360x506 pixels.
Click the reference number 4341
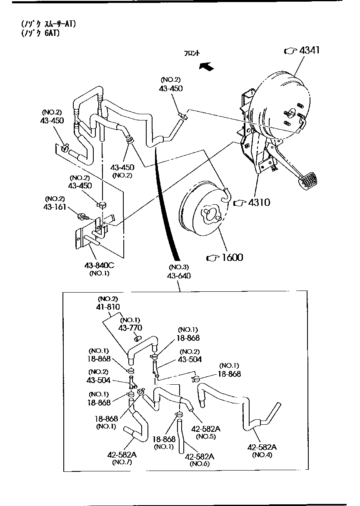coord(310,50)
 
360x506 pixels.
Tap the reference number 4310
coord(259,203)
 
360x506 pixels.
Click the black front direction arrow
coord(206,66)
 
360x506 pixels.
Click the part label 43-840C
coord(99,265)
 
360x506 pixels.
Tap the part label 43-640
coord(179,276)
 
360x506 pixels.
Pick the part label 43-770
coord(130,328)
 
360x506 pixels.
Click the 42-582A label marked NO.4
coord(262,447)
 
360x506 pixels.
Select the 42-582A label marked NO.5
coord(205,428)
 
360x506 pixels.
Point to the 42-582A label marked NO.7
coord(122,454)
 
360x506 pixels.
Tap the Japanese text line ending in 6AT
coord(40,33)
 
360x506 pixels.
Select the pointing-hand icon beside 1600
coord(212,258)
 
